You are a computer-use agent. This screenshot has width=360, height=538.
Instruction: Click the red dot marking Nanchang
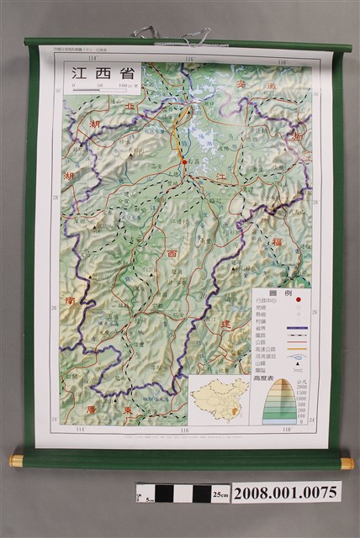184,162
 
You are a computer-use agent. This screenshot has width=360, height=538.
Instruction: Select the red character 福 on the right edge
299,242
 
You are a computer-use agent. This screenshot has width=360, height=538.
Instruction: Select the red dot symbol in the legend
297,301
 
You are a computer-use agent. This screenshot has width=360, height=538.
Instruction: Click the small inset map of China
220,398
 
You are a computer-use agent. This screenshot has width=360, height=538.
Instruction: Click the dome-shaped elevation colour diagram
280,402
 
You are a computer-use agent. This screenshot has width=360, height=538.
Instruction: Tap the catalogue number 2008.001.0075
286,493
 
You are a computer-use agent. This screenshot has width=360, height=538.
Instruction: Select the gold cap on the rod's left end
16,461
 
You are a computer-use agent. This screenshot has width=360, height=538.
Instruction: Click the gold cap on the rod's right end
347,462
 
